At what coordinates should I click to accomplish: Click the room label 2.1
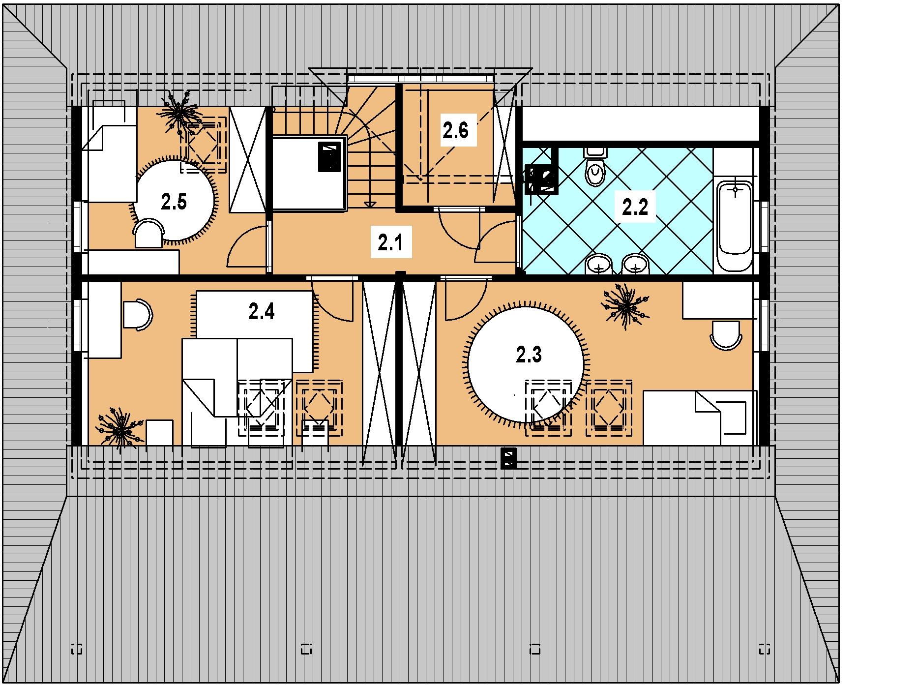[390, 244]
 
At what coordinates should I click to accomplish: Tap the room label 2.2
[635, 208]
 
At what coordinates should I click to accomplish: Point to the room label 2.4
[261, 311]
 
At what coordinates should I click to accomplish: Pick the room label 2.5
[174, 202]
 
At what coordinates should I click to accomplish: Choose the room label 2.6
[455, 131]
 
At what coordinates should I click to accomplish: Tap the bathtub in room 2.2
[735, 225]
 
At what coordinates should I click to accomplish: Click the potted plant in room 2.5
[179, 113]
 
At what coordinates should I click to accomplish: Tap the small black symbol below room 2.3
[508, 458]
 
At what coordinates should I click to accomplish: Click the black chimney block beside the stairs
[329, 157]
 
